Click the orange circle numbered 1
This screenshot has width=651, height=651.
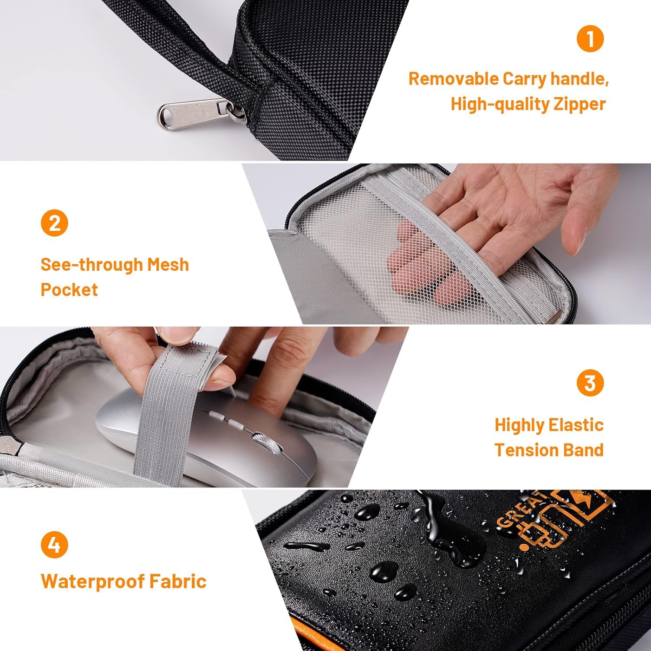click(590, 38)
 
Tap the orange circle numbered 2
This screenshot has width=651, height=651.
click(54, 223)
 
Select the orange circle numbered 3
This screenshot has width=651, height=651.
click(590, 383)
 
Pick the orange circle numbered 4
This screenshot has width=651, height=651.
click(54, 544)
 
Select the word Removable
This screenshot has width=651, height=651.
click(454, 79)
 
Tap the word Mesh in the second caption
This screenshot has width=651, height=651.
click(168, 264)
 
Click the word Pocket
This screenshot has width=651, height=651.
click(69, 289)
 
